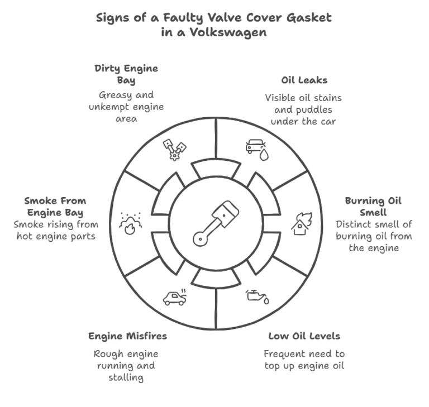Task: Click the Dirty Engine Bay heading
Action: (126, 74)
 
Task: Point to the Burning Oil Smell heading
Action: (374, 207)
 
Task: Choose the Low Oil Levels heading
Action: (304, 336)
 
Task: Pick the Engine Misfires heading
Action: (127, 336)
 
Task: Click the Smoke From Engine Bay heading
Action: (55, 207)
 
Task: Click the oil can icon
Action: (258, 296)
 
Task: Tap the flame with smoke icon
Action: (130, 223)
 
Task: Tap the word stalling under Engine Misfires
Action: (126, 377)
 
